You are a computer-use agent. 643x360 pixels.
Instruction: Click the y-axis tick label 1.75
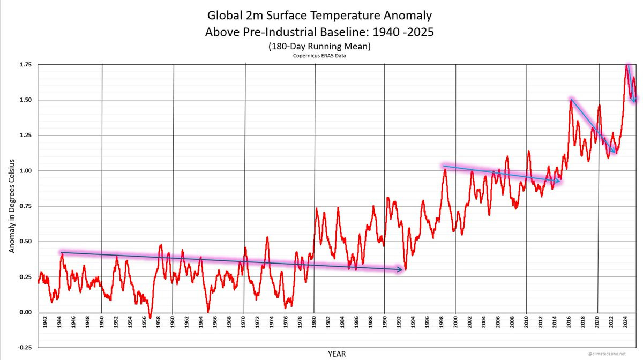(x=25, y=65)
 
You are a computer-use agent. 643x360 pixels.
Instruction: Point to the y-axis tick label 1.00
(x=25, y=171)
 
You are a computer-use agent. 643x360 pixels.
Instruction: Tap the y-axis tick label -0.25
(x=24, y=348)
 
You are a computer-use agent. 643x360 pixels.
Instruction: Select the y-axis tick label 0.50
(x=25, y=242)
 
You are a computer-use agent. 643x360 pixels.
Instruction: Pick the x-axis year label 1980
(x=314, y=325)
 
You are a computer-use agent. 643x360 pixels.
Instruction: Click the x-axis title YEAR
(x=338, y=354)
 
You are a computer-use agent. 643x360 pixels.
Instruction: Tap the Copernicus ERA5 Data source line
(x=319, y=55)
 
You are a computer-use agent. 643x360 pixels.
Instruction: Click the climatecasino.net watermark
(x=616, y=354)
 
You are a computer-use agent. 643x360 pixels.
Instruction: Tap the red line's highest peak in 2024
(x=627, y=65)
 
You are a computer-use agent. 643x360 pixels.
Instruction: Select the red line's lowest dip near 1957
(x=151, y=318)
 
